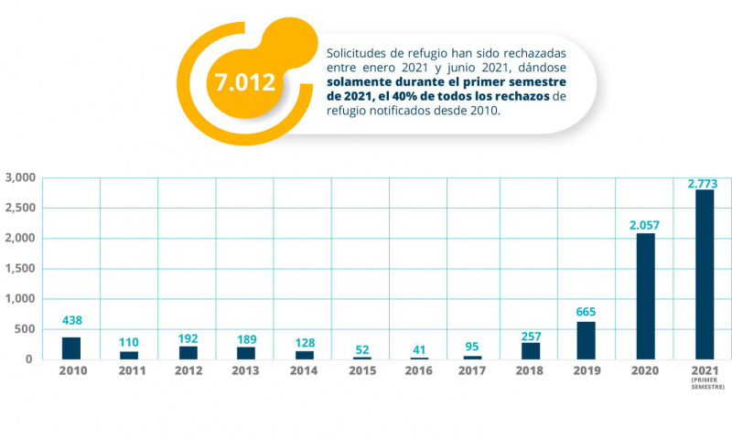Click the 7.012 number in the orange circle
tap(244, 82)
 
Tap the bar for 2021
tap(704, 273)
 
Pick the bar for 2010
tap(70, 348)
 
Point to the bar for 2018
tap(530, 350)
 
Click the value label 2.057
tap(644, 224)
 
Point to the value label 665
tap(587, 311)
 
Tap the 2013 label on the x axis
tap(245, 371)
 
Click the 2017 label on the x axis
tap(471, 371)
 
